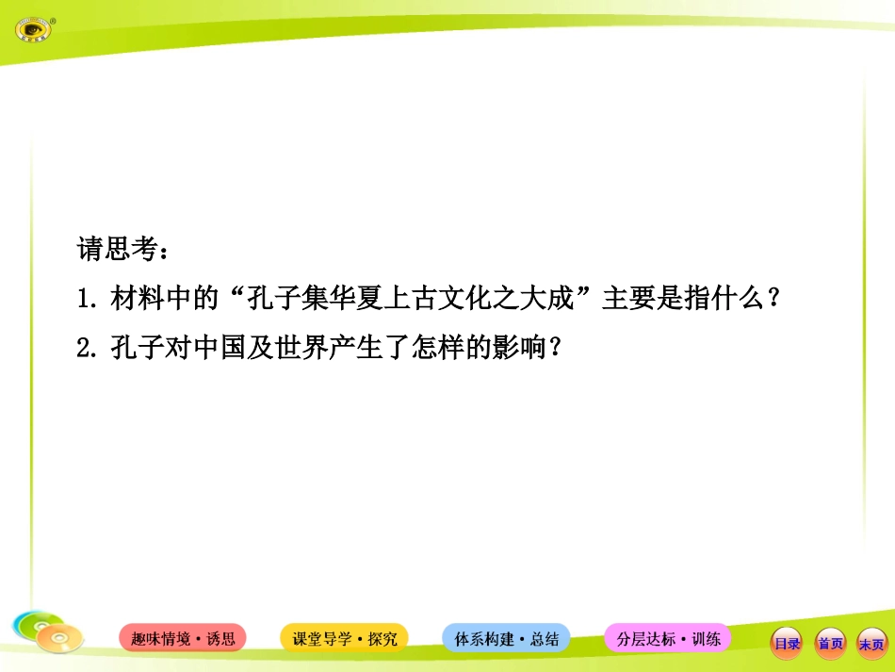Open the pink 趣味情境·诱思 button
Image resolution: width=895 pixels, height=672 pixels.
pyautogui.click(x=183, y=638)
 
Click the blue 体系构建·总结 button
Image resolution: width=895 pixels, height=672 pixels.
pyautogui.click(x=506, y=638)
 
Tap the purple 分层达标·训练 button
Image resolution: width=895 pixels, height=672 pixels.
pyautogui.click(x=667, y=638)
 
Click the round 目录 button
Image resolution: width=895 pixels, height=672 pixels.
pyautogui.click(x=787, y=644)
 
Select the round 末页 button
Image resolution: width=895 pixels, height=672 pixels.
pyautogui.click(x=871, y=644)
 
